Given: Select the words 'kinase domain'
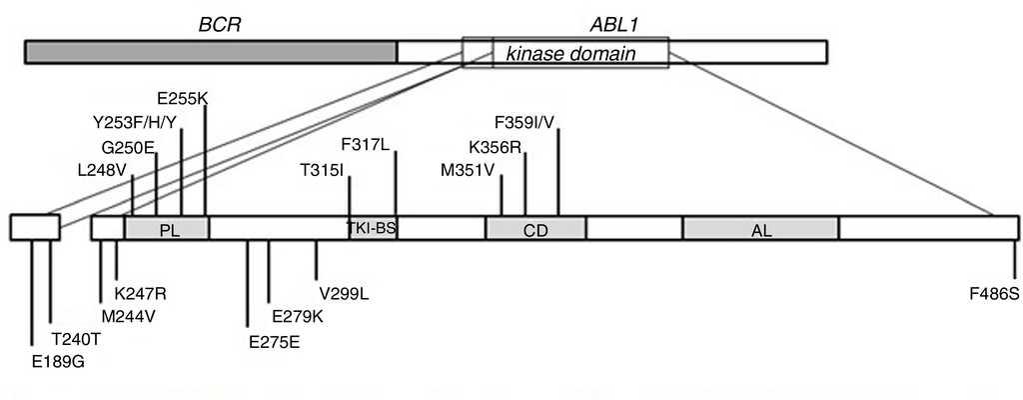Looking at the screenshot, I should [x=570, y=52].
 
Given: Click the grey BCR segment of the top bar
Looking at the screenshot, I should [x=211, y=52].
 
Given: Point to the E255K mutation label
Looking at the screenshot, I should [x=183, y=100].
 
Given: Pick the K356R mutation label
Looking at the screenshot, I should [x=494, y=146].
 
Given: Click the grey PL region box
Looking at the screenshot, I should [x=167, y=229].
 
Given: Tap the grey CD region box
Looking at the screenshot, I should [x=535, y=229].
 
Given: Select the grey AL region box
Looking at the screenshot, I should [x=760, y=229].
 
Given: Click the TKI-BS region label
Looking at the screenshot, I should [x=372, y=228].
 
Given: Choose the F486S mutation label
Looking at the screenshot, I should [x=994, y=294].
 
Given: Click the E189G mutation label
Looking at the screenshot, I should [x=58, y=360].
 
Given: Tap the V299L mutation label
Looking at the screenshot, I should [x=345, y=294].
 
